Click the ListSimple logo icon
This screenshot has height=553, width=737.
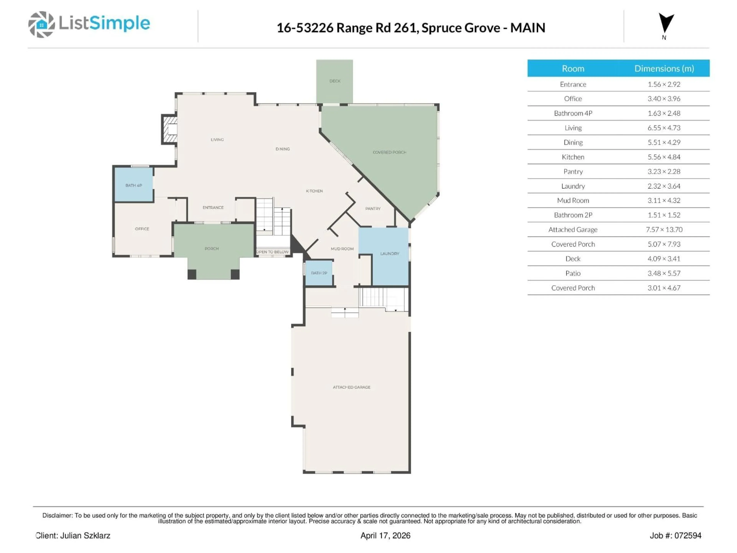coord(41,24)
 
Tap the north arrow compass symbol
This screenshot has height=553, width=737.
coord(666,23)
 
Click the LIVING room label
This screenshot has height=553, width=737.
coord(217,140)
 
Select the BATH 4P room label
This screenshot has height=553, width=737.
coord(134,185)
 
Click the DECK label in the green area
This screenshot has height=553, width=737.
coord(335,81)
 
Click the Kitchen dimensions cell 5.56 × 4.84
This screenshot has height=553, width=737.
coord(664,157)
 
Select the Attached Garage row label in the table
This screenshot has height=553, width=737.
coord(573,230)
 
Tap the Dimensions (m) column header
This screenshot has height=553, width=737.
coord(664,69)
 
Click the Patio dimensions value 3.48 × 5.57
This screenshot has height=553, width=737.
coord(664,273)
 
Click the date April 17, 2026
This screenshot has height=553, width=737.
coord(385,536)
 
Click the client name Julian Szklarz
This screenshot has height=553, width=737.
coord(85,536)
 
